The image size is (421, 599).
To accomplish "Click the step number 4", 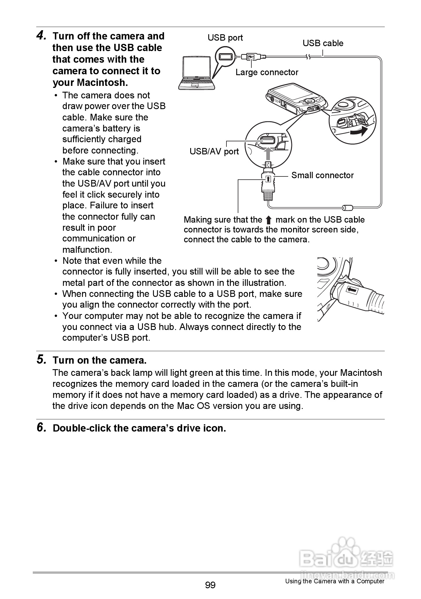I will (41, 36).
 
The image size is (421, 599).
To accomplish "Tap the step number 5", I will (41, 360).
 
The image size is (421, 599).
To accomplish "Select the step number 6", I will (41, 428).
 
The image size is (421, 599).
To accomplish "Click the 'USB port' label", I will (225, 38).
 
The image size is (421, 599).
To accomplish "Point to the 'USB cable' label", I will (323, 43).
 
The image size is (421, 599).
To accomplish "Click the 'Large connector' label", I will (267, 72).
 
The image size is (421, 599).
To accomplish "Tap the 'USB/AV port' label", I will (214, 151).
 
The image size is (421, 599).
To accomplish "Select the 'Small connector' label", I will (322, 175).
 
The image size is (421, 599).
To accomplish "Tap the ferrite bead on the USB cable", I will (347, 208).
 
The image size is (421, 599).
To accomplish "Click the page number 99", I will (210, 584).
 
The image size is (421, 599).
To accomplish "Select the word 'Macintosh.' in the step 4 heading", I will (102, 83).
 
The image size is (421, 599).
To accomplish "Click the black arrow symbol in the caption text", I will (268, 220).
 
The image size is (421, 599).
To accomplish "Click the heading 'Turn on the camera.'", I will (99, 360).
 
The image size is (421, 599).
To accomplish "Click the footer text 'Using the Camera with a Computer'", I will (335, 581).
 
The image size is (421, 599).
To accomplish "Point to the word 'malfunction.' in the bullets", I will (87, 250).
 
